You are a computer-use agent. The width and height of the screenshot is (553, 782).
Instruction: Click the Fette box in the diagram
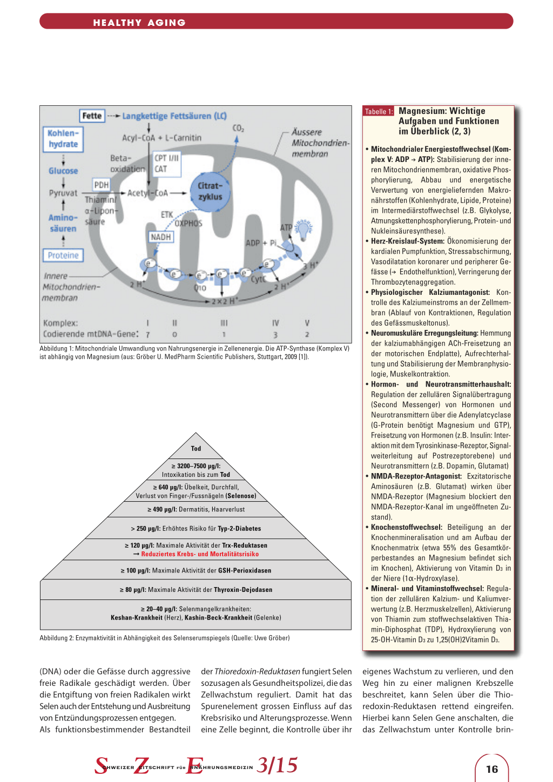click(x=92, y=116)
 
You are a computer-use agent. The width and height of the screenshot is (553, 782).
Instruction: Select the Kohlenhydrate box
click(x=63, y=139)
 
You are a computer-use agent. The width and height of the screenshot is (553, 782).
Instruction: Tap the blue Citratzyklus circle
click(x=210, y=192)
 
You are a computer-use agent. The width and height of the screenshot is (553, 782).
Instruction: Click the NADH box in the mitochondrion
click(x=160, y=237)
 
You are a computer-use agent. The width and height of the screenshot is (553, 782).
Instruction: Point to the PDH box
click(x=102, y=185)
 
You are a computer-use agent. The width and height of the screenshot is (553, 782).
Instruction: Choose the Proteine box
click(x=63, y=255)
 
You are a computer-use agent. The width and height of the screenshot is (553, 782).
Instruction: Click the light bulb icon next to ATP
click(x=304, y=230)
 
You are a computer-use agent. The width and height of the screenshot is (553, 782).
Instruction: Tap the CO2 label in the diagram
click(x=238, y=129)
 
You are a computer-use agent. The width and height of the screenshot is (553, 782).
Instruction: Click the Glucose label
click(x=63, y=171)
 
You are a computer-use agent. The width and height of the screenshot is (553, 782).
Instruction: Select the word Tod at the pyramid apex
click(x=196, y=448)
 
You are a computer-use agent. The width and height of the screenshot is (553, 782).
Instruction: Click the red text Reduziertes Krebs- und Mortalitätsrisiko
click(x=200, y=554)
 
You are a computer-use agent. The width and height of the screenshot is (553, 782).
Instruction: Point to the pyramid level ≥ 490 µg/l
click(x=196, y=509)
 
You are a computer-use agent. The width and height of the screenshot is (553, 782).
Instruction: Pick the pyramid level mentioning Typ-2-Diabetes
click(x=196, y=528)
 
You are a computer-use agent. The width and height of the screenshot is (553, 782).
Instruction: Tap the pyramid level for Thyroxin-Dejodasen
click(x=196, y=590)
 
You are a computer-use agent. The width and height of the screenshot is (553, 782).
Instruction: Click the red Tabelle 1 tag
click(x=379, y=111)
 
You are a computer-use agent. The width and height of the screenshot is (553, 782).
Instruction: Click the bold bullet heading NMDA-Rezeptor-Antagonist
click(x=416, y=476)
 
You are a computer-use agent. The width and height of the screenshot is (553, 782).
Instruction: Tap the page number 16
click(x=492, y=769)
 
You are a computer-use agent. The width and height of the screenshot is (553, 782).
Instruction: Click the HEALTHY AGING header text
click(x=139, y=23)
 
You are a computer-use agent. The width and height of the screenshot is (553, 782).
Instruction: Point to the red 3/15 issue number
click(x=277, y=765)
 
